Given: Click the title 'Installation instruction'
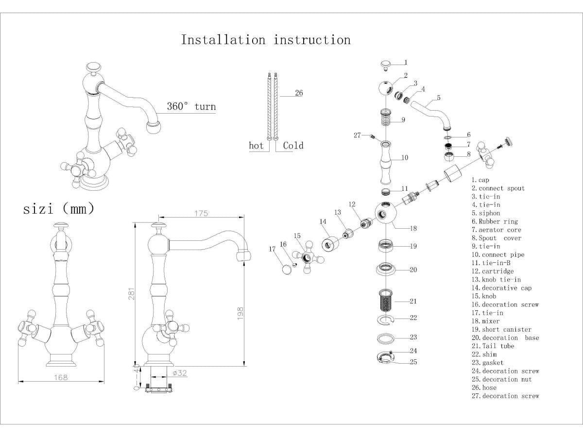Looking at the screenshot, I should coord(266,39).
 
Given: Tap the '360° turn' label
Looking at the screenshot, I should coord(191,106).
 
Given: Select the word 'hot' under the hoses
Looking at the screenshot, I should coord(256,146).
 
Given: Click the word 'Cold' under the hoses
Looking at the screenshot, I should coord(293,146).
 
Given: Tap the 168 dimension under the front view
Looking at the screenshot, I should coord(61,377).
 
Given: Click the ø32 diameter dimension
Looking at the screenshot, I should coord(180,373).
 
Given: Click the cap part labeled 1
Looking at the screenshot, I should coord(386,65).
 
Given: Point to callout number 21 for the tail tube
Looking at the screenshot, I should coord(413,301).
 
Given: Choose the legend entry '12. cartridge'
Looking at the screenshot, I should coord(492,271).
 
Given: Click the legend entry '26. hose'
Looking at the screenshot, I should coord(484,387).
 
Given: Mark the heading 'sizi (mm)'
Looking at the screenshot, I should coord(59,209).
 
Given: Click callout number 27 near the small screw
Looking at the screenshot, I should coord(357,135).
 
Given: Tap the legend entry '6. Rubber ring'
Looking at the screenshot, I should coord(495,221).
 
